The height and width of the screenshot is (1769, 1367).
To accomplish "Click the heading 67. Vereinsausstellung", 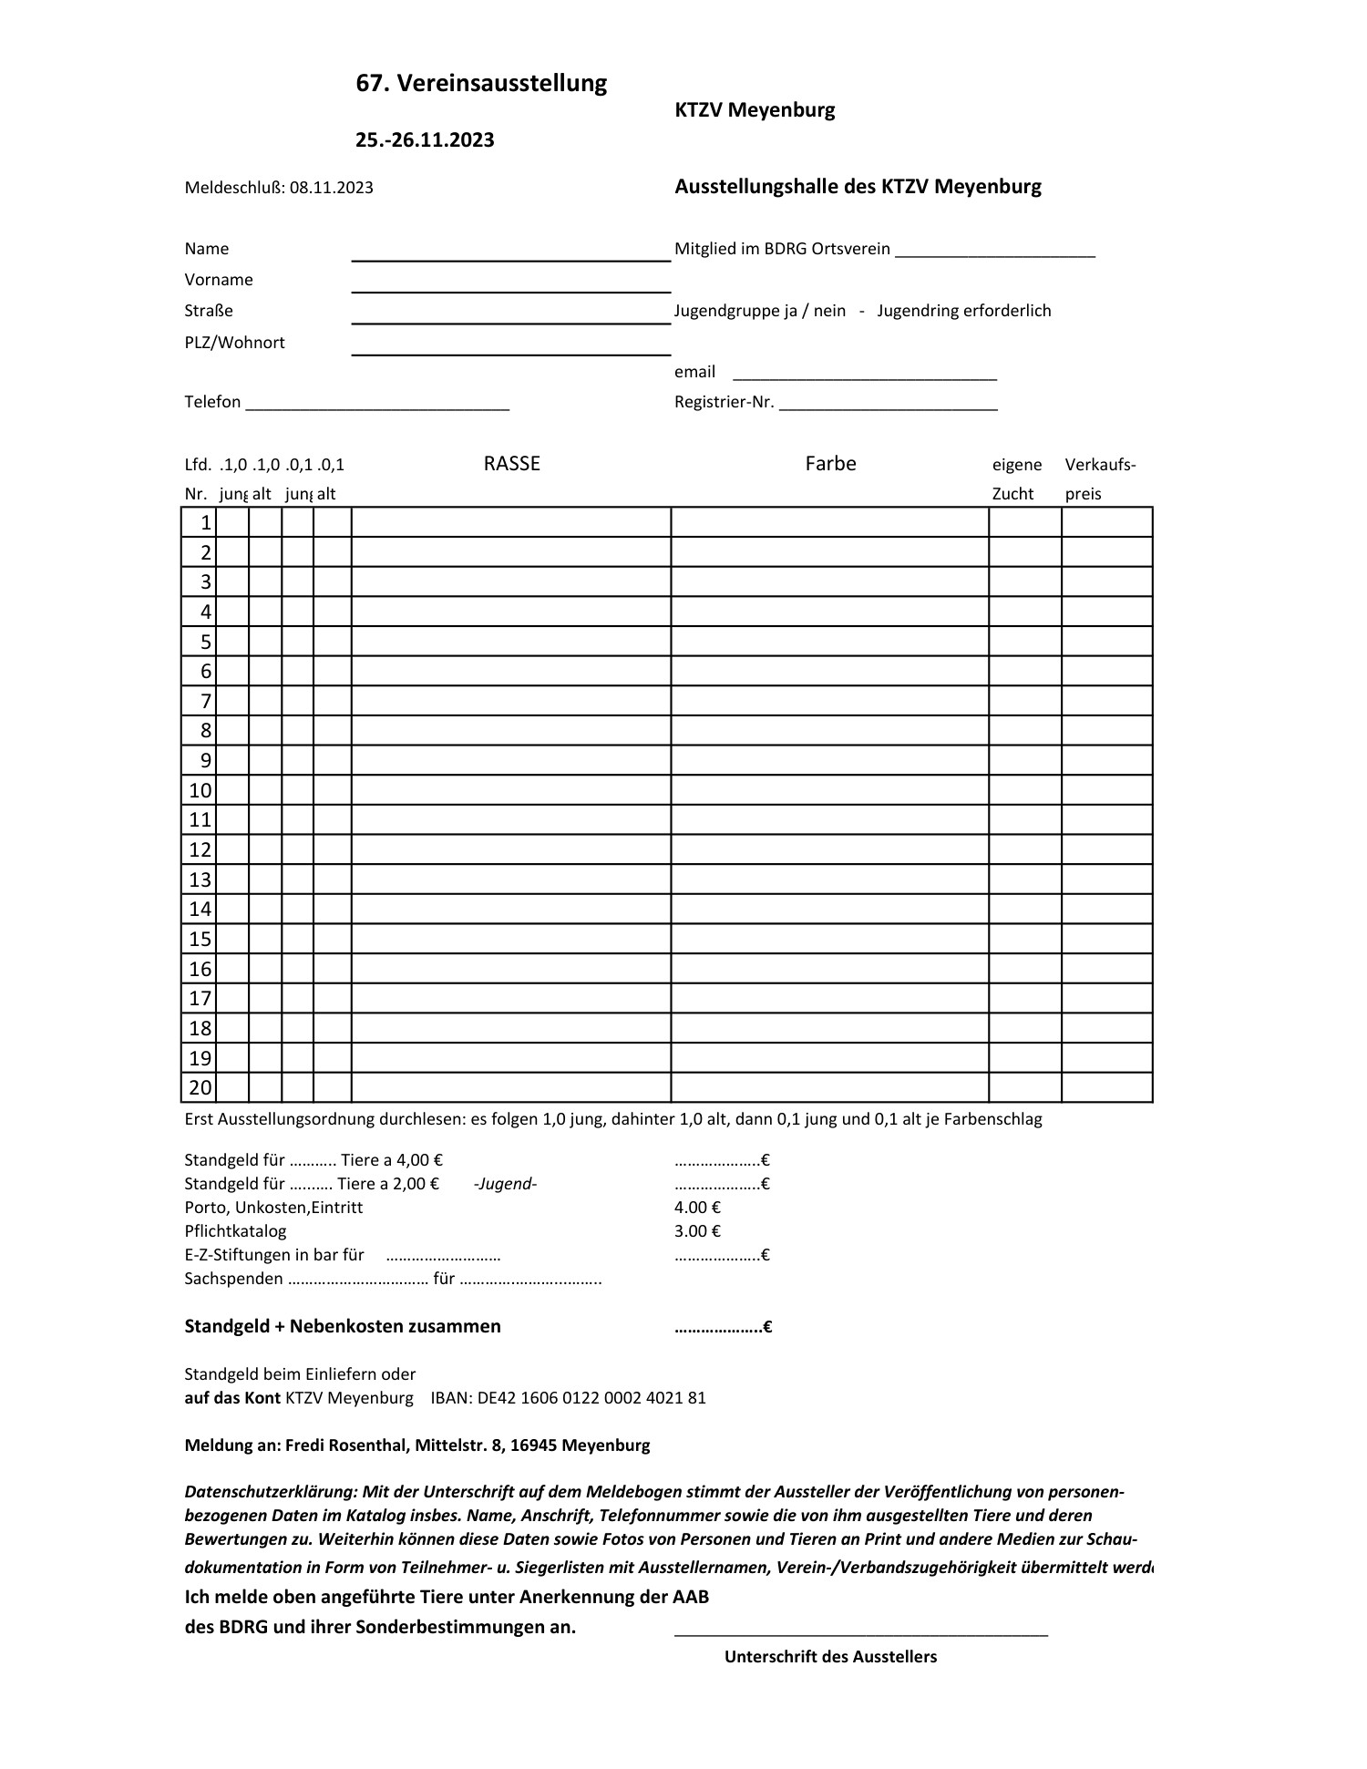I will tap(481, 84).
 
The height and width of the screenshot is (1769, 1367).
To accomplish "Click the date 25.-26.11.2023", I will tap(425, 140).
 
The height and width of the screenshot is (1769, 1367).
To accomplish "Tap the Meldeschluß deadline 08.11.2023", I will tap(332, 189).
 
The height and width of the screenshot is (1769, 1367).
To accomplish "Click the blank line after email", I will tap(864, 374).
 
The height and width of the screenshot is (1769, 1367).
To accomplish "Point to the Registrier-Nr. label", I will tap(724, 403).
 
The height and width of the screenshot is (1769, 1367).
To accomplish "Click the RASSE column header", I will tap(511, 464).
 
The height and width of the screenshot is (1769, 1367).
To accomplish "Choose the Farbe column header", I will tap(830, 464).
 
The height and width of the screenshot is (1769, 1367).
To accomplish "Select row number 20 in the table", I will tap(200, 1087).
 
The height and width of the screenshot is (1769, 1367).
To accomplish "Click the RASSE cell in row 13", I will tap(510, 879).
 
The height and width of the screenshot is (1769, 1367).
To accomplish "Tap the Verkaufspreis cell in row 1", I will tap(1106, 522).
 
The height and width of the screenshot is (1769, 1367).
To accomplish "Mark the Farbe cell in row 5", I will tap(829, 642).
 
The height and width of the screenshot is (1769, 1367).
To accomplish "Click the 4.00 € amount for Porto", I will tap(697, 1208).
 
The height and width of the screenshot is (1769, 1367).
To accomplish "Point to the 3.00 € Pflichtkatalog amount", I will tap(697, 1231).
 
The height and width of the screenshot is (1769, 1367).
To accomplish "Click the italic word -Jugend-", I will tap(506, 1184).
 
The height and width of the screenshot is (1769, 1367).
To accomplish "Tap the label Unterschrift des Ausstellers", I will tap(830, 1657).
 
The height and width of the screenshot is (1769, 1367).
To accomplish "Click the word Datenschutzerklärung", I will tap(271, 1492).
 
